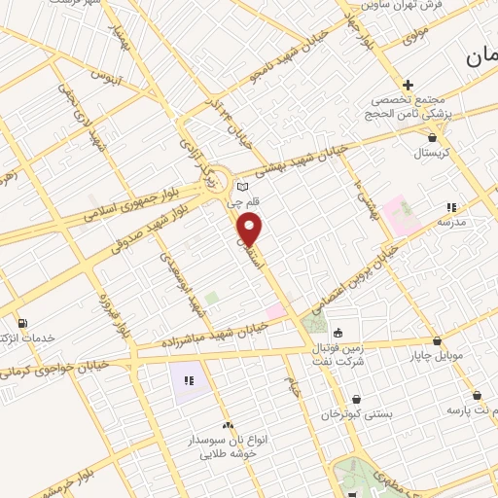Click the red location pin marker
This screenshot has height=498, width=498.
(x=252, y=231)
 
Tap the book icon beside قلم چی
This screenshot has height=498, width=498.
(x=243, y=187)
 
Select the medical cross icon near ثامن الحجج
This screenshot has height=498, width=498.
(x=409, y=86)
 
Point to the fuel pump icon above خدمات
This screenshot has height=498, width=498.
(x=21, y=323)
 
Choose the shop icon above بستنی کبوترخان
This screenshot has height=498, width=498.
(x=357, y=399)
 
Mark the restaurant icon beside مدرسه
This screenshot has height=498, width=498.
(x=450, y=207)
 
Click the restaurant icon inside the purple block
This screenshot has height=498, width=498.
(x=188, y=379)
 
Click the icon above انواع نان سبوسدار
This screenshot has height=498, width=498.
(x=228, y=425)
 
